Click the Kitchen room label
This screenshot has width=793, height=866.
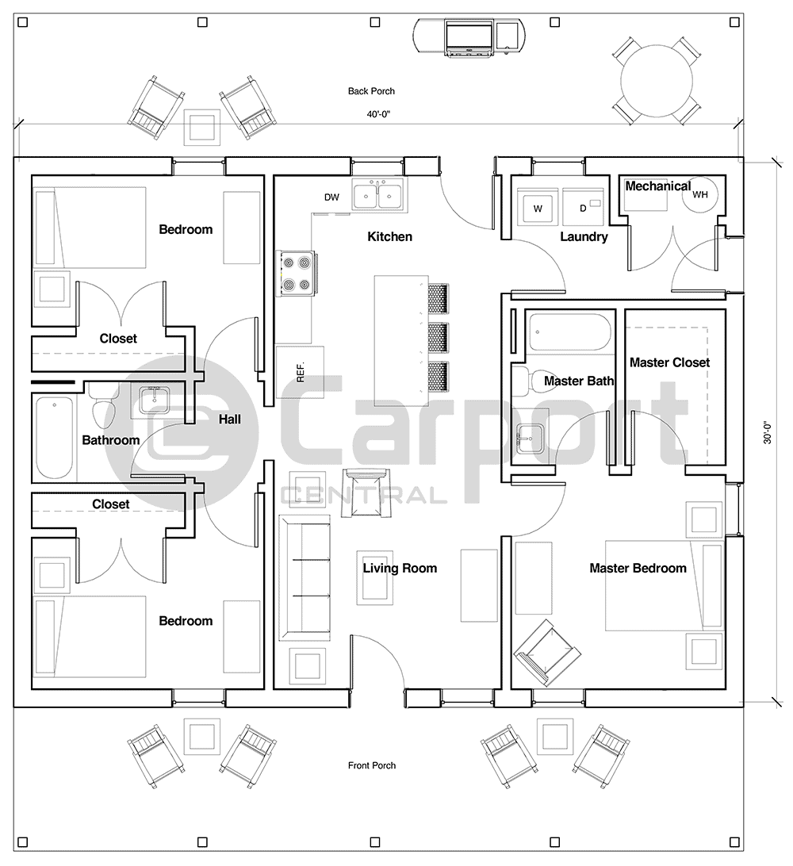coord(389,236)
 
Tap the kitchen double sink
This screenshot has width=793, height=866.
coord(377,195)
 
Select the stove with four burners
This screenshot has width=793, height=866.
coord(295,273)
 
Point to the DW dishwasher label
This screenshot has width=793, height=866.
coord(331,197)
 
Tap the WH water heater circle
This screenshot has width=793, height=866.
coord(701,194)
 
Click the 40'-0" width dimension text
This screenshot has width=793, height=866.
coord(378,114)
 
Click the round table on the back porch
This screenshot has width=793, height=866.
coord(657,80)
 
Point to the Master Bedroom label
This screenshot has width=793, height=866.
coord(638,568)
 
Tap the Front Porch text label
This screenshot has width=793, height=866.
coord(371,765)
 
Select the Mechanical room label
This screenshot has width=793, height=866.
coord(657,186)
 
